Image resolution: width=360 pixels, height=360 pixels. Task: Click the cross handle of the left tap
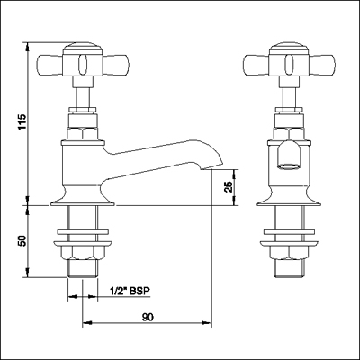click(x=82, y=65)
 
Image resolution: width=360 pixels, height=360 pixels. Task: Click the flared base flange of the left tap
click(x=82, y=196)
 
